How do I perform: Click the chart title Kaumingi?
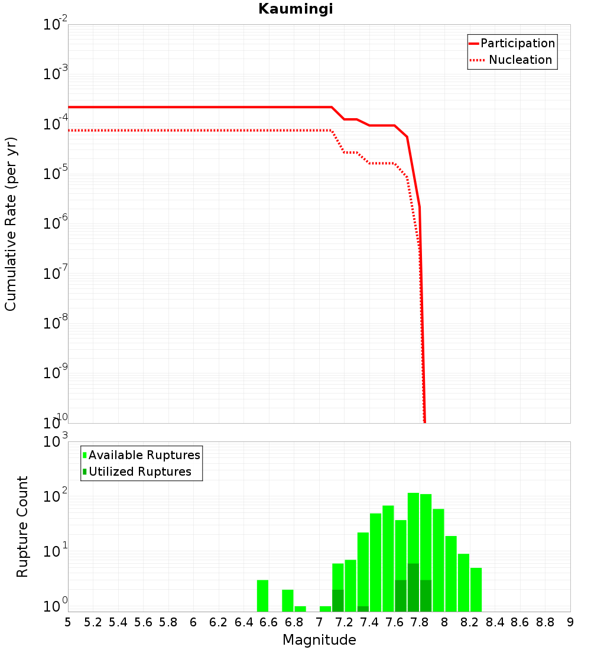pos(295,9)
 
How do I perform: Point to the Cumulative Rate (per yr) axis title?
pos(11,224)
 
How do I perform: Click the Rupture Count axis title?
pos(22,526)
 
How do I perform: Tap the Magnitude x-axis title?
pos(319,640)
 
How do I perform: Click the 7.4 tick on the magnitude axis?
pos(369,622)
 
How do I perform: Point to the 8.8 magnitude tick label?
pos(545,622)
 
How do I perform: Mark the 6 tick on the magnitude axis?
pos(193,622)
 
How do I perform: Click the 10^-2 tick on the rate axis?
pos(56,25)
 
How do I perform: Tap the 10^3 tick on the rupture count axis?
pos(57,443)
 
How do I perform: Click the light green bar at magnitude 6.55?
pos(262,596)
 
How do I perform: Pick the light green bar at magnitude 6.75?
pos(288,600)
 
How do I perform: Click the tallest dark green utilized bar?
pos(413,587)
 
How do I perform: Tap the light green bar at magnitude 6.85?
pos(300,609)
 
